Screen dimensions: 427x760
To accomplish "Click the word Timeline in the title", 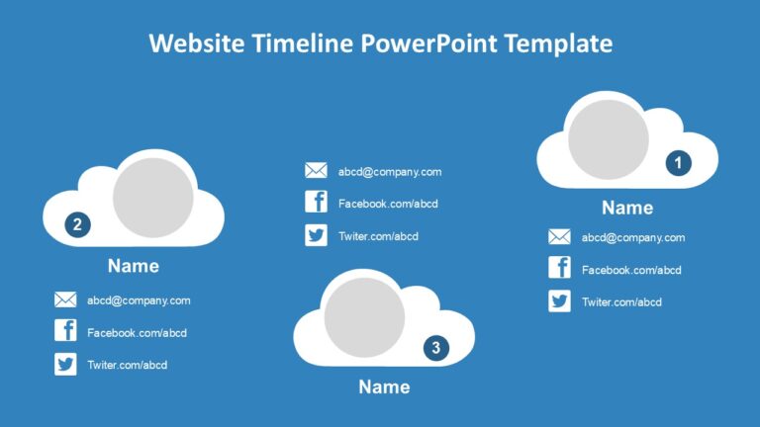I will click(x=308, y=43).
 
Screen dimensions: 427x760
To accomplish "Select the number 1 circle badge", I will click(x=678, y=162).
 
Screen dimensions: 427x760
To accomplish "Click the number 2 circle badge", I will click(x=78, y=224).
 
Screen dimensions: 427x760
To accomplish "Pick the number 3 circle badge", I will click(x=435, y=347).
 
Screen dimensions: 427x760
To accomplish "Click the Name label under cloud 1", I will click(x=627, y=208).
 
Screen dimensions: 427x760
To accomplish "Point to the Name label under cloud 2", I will click(x=133, y=266).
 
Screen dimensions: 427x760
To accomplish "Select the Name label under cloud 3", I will click(x=384, y=387).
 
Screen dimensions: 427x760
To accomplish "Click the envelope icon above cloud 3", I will click(x=316, y=171).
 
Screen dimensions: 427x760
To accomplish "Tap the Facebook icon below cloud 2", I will click(x=65, y=332).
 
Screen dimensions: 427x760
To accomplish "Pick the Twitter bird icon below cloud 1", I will click(x=559, y=301).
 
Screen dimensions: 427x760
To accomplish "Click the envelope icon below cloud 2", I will click(x=65, y=300).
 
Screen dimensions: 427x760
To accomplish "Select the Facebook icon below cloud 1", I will click(x=559, y=269).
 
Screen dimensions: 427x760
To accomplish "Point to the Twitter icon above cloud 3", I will click(x=316, y=235).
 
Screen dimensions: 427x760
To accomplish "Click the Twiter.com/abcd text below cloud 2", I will click(x=127, y=365).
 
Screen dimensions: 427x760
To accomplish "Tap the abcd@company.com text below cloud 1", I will click(x=632, y=237).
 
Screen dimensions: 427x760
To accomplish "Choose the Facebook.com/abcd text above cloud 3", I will click(x=388, y=204).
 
